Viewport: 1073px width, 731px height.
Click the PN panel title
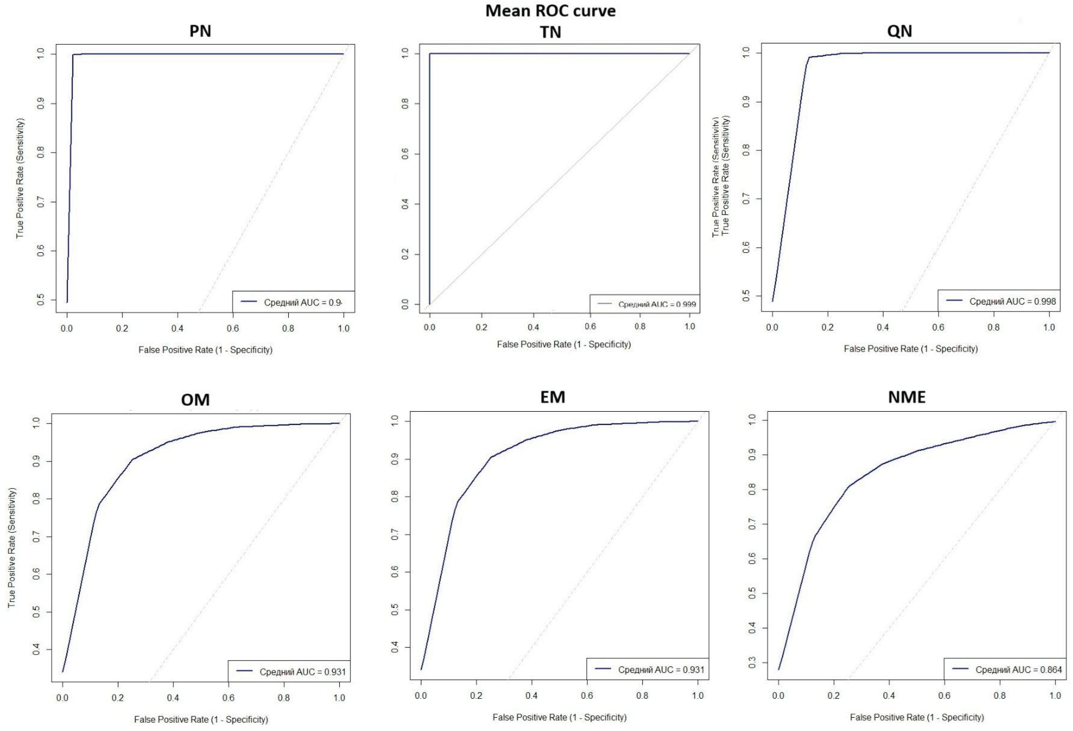[200, 31]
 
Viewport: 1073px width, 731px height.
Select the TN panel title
[550, 32]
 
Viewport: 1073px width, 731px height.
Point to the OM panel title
[195, 400]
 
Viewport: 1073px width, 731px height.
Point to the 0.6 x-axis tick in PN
[233, 329]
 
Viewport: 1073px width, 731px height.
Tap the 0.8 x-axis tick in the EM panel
[642, 696]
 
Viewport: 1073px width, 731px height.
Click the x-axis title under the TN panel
[564, 344]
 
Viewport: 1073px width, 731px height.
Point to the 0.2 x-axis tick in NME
[834, 696]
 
